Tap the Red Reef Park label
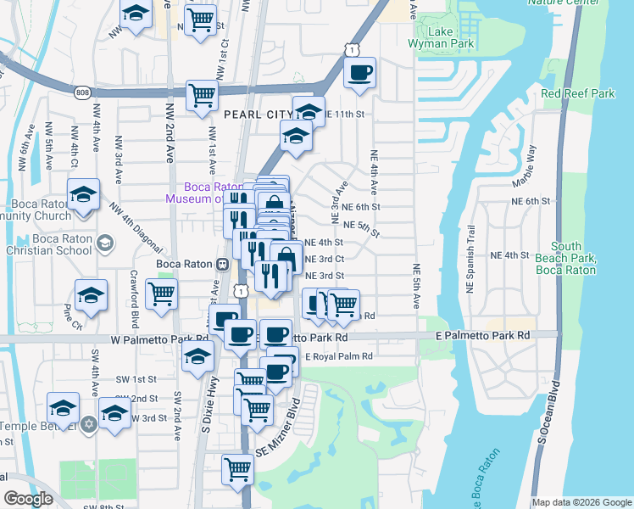(x=578, y=93)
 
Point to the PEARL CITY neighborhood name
(x=257, y=113)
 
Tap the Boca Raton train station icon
(x=222, y=264)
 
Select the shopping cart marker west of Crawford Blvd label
(x=161, y=294)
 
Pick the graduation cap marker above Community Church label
(x=84, y=195)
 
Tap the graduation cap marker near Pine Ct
(x=91, y=296)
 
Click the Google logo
(x=29, y=498)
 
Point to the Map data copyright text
(x=581, y=502)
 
